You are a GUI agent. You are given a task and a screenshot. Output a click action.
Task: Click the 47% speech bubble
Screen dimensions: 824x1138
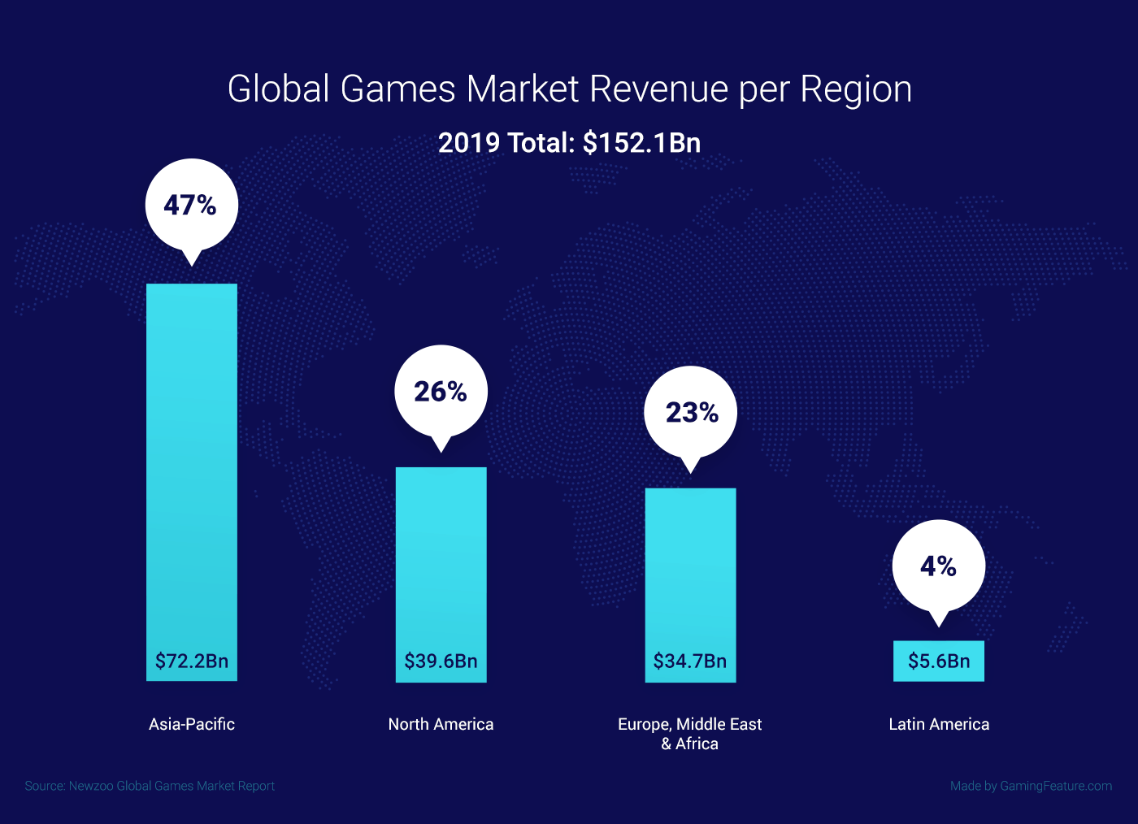[191, 205]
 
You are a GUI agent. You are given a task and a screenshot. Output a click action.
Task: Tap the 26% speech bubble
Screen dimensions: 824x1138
[441, 392]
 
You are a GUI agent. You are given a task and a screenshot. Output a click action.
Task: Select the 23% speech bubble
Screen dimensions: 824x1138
[691, 413]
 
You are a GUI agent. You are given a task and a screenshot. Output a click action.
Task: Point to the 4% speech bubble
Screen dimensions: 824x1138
[938, 566]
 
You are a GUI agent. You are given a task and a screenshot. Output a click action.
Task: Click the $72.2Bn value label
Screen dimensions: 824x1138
[192, 661]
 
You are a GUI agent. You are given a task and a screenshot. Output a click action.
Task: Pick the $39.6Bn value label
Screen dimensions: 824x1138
[441, 661]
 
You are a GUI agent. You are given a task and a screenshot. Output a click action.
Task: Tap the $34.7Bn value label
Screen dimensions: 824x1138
[690, 661]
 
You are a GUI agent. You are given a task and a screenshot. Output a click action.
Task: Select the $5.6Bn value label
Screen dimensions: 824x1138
[939, 661]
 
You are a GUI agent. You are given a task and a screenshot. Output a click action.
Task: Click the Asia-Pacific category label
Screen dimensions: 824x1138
[192, 724]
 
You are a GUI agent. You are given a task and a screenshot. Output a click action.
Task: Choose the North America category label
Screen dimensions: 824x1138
[441, 724]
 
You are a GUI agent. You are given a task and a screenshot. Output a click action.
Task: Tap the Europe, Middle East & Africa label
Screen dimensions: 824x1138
[690, 733]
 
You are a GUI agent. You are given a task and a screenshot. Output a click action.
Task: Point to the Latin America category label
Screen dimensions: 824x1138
[939, 724]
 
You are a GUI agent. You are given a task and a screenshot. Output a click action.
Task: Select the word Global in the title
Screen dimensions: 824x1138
[277, 89]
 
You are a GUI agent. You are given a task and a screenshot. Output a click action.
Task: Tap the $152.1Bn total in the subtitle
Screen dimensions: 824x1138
[641, 143]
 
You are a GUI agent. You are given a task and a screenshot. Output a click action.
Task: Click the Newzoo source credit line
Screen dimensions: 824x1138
[150, 786]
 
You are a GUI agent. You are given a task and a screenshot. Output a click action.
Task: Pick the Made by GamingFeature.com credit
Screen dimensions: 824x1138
[1031, 786]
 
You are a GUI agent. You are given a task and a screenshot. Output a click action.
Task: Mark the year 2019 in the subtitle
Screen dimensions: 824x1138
[468, 143]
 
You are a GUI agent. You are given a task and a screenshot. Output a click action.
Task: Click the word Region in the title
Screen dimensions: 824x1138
[856, 90]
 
